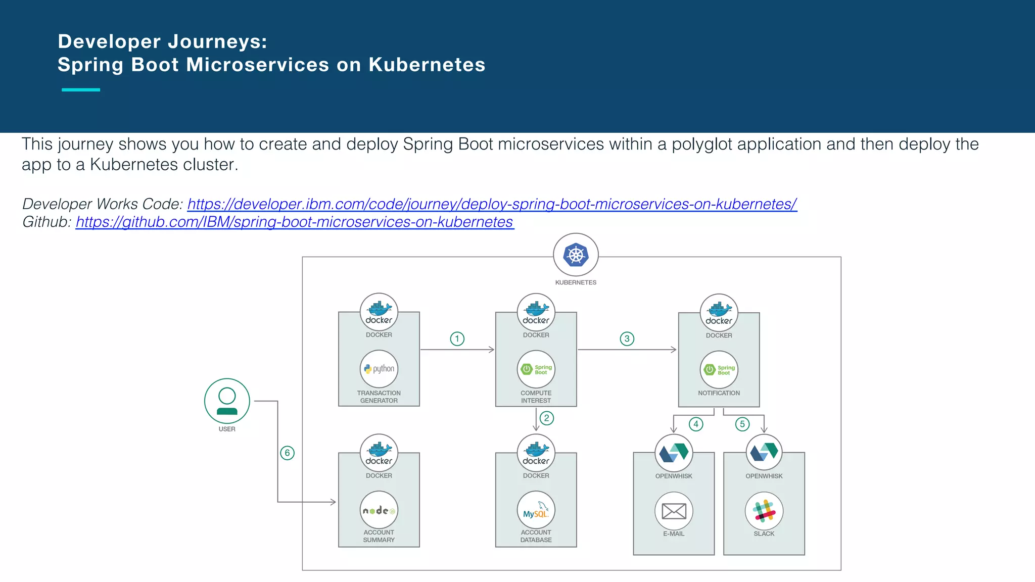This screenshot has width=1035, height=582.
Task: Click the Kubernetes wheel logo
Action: coord(576,255)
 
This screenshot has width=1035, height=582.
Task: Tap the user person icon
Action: coord(227,401)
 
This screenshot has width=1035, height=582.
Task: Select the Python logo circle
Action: coord(379,369)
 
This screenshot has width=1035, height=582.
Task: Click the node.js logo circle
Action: coord(379,510)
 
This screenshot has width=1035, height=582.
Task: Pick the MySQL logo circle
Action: coord(536,510)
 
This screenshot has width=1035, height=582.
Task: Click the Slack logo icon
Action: coord(764,511)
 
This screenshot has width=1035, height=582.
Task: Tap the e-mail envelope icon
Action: coord(674,511)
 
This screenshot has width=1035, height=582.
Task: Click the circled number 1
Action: coord(457,338)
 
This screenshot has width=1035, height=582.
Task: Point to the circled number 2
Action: coord(546,418)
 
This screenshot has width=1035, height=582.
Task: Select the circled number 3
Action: coord(627,338)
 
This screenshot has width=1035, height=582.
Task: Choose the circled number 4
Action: coord(696,424)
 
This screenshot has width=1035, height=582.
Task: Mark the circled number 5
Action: coord(742,424)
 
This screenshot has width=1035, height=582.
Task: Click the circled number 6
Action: coord(287,453)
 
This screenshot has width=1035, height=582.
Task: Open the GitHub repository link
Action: coord(295,222)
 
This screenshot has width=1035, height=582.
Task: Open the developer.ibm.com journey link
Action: coord(492,204)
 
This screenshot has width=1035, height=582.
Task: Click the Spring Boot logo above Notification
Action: coord(719,370)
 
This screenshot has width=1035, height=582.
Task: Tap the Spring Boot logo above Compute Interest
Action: coord(536,369)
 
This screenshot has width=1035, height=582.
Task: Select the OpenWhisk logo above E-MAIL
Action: coord(674,453)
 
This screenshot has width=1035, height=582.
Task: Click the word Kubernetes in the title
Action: coord(427,65)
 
